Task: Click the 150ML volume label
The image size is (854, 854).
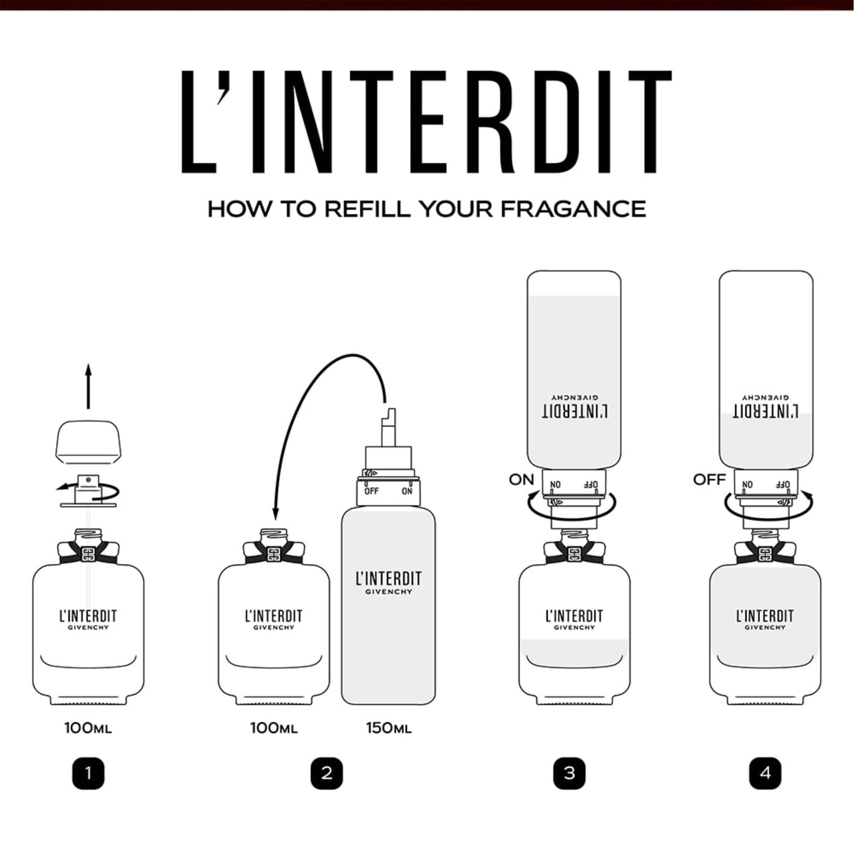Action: pos(389,728)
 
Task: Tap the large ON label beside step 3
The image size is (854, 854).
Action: pos(522,479)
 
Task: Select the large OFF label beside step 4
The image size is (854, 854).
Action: pos(709,479)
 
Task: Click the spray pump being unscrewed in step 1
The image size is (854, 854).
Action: pos(88,490)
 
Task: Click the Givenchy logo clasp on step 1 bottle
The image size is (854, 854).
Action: pos(88,554)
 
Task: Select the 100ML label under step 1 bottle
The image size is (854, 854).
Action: pos(88,728)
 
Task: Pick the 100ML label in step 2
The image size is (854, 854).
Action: pos(274,728)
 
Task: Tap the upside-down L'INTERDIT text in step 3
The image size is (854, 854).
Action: pos(574,411)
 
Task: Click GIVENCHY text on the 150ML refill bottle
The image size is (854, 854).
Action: pos(389,592)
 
